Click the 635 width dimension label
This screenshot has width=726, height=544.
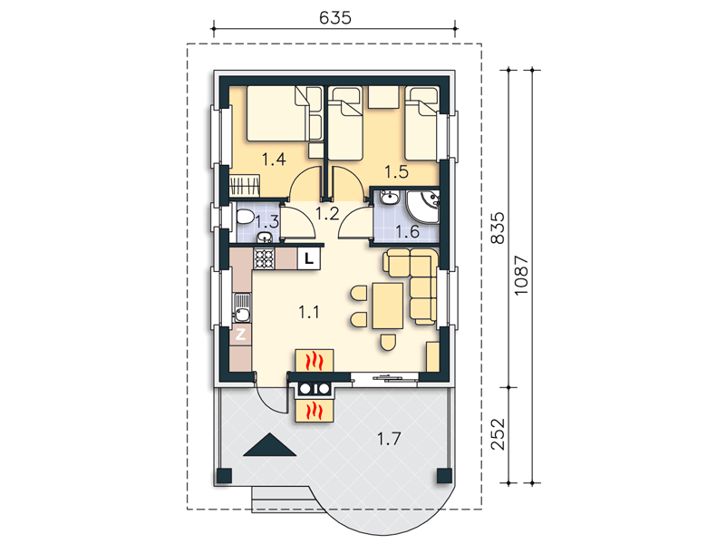click(x=335, y=17)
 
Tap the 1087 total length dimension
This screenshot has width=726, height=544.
click(x=521, y=275)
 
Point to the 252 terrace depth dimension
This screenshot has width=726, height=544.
click(x=499, y=434)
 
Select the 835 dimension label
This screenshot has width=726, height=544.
click(x=499, y=228)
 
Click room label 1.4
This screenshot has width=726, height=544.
click(x=274, y=160)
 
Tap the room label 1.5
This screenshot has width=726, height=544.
click(x=397, y=171)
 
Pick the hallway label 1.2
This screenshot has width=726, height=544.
click(x=327, y=213)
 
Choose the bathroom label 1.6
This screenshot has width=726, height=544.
click(x=408, y=231)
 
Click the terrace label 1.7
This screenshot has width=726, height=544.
click(x=389, y=438)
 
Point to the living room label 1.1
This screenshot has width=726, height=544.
click(x=309, y=312)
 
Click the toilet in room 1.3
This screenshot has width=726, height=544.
click(x=245, y=217)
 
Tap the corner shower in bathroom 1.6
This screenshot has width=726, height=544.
click(x=422, y=206)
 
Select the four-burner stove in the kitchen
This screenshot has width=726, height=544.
click(x=264, y=258)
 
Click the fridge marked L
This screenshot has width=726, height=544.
click(x=309, y=258)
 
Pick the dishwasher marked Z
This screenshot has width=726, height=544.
click(x=241, y=334)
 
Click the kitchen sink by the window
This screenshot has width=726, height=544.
click(x=241, y=308)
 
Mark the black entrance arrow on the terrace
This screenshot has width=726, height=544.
click(x=269, y=444)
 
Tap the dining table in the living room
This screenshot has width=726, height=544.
click(x=388, y=306)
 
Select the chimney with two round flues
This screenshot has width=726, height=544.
click(x=315, y=389)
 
